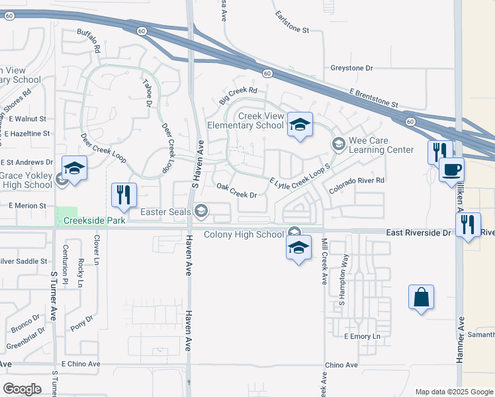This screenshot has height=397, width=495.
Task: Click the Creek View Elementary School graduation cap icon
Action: pyautogui.click(x=300, y=124)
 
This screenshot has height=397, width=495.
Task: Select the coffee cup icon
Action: pyautogui.click(x=451, y=169)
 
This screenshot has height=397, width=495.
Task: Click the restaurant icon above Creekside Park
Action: pyautogui.click(x=124, y=195)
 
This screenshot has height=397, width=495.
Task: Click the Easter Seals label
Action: pyautogui.click(x=167, y=212)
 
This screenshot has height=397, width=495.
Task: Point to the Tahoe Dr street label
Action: pyautogui.click(x=147, y=93)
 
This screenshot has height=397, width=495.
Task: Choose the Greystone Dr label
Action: pyautogui.click(x=351, y=68)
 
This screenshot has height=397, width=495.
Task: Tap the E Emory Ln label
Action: pyautogui.click(x=363, y=337)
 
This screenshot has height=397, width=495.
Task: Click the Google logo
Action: pyautogui.click(x=22, y=389)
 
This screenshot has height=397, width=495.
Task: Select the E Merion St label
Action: pyautogui.click(x=28, y=206)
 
